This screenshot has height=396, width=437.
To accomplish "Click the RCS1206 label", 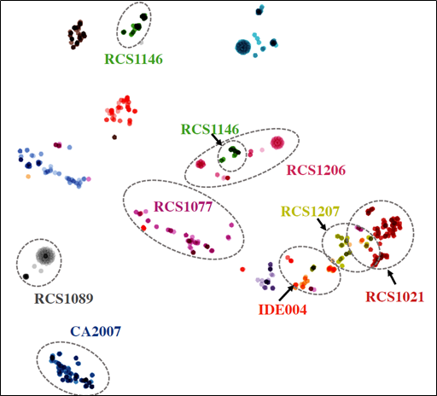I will tap(316, 170).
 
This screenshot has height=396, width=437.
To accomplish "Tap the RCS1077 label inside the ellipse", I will tap(183, 207).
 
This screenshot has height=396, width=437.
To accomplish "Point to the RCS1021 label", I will tap(394, 296).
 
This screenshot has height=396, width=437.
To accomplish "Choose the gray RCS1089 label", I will tap(64, 299).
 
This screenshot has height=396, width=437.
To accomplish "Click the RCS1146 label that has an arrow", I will tap(209, 130).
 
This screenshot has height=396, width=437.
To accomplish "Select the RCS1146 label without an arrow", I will tap(133, 59).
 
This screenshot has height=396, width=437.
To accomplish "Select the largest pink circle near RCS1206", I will tap(277, 143).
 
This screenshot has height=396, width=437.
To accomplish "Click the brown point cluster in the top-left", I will tap(77, 36).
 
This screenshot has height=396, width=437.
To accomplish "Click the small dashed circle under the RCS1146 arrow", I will tap(230, 156).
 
